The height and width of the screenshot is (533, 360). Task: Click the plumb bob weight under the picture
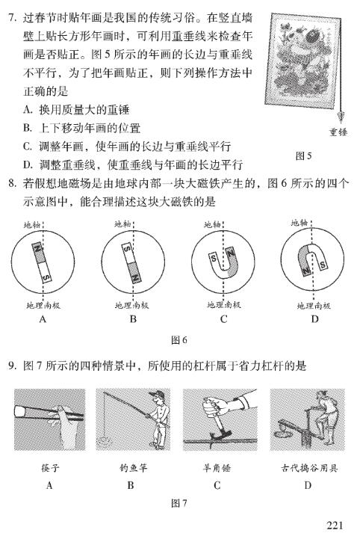pyautogui.click(x=341, y=117)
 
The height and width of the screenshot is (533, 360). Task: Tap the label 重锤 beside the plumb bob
pyautogui.click(x=338, y=132)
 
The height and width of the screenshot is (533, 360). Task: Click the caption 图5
pyautogui.click(x=303, y=156)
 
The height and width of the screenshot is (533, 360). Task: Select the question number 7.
pyautogui.click(x=12, y=18)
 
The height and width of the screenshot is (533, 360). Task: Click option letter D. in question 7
pyautogui.click(x=28, y=165)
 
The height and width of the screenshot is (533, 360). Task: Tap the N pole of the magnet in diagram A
pyautogui.click(x=37, y=252)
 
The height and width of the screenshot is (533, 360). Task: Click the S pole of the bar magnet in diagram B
pyautogui.click(x=127, y=252)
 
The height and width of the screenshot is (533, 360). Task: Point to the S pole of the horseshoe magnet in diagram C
pyautogui.click(x=214, y=259)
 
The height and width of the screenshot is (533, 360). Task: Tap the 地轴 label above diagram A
pyautogui.click(x=32, y=225)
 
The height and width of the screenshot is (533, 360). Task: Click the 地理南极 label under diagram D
pyautogui.click(x=314, y=306)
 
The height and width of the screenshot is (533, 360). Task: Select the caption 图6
pyautogui.click(x=179, y=340)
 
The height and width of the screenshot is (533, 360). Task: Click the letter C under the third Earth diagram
pyautogui.click(x=223, y=319)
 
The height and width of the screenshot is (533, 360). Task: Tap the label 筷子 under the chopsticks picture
pyautogui.click(x=50, y=468)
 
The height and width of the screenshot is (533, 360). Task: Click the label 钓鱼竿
pyautogui.click(x=133, y=468)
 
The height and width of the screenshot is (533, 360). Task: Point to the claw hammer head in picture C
pyautogui.click(x=220, y=434)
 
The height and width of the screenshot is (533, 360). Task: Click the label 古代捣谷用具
pyautogui.click(x=309, y=468)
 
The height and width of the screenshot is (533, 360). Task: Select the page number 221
pyautogui.click(x=335, y=526)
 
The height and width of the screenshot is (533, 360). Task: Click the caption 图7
pyautogui.click(x=179, y=503)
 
